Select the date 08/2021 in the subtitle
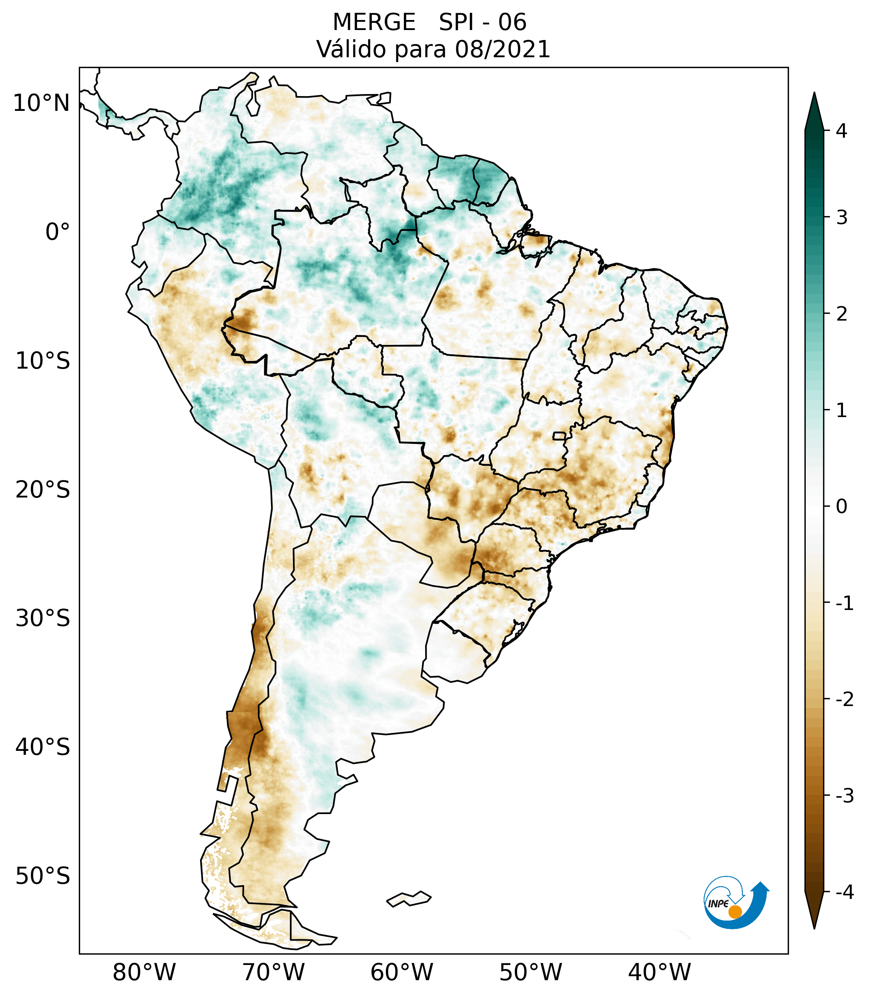(502, 49)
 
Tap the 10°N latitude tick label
(42, 103)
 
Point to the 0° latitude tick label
(58, 232)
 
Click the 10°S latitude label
(43, 361)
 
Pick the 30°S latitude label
(43, 618)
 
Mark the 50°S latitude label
(43, 876)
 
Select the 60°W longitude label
(401, 972)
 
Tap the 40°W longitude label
(660, 972)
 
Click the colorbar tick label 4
(841, 131)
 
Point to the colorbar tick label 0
(841, 506)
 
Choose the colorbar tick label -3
(844, 796)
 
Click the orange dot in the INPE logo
(735, 912)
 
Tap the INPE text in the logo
(718, 904)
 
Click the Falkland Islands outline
(409, 899)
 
